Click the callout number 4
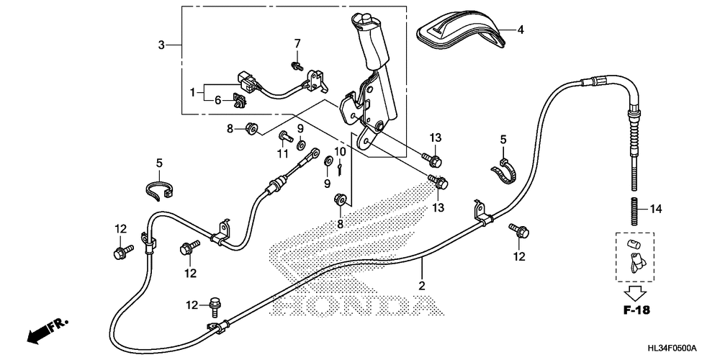pyautogui.click(x=521, y=30)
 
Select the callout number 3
pyautogui.click(x=162, y=45)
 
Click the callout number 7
pyautogui.click(x=296, y=44)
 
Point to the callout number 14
pyautogui.click(x=655, y=210)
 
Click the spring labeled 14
pyautogui.click(x=635, y=210)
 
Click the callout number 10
pyautogui.click(x=340, y=152)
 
